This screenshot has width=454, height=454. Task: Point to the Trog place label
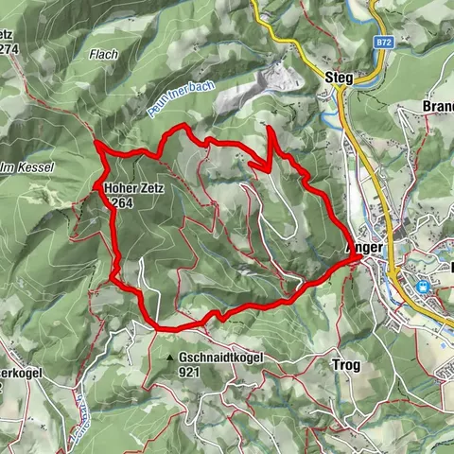346,363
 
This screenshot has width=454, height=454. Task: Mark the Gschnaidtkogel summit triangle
170,358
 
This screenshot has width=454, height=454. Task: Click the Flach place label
104,55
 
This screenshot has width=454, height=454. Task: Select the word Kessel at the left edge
37,167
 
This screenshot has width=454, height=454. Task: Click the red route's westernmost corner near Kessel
97,143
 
